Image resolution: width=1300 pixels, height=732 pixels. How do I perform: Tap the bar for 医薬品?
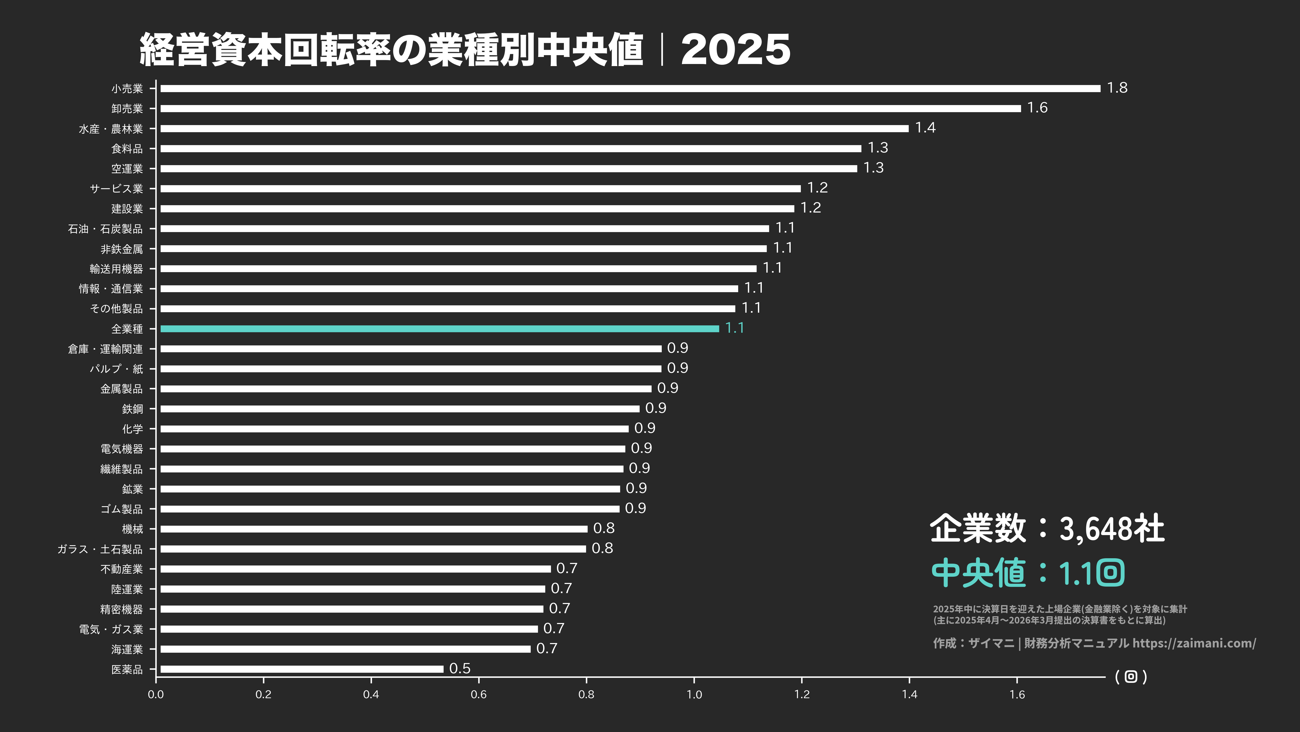coord(302,669)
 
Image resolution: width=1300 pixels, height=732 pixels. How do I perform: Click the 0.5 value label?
coord(460,668)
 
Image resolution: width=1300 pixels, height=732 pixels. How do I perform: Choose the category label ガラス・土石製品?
coord(100,549)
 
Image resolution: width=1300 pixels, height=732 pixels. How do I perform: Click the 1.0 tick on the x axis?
coord(694,694)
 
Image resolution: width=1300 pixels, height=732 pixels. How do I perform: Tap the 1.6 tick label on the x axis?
coord(1017,694)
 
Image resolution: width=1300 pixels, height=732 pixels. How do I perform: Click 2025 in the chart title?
coord(735,50)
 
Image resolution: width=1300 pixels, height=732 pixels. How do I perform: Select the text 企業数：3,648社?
coord(1047,529)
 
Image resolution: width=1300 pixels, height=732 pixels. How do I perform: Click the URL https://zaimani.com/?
coord(1194,643)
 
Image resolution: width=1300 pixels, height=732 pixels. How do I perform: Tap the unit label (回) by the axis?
coord(1130,677)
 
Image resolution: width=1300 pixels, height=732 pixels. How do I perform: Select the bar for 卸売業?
coord(590,108)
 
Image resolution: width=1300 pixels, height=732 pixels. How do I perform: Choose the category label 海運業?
coord(127,649)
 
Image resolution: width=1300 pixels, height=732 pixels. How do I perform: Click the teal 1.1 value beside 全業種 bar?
coord(734,328)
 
